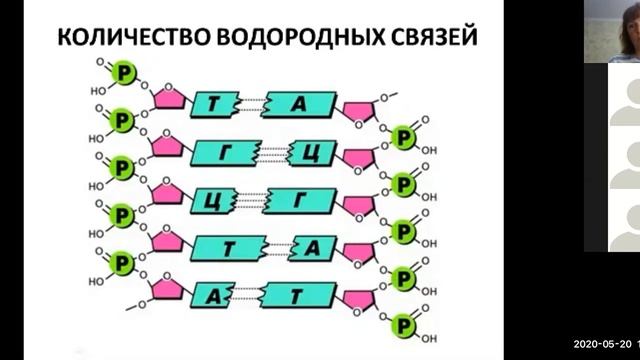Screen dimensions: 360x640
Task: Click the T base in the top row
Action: tap(226, 102)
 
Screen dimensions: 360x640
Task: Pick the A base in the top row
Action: tap(302, 102)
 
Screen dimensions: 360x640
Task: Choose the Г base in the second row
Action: tap(228, 150)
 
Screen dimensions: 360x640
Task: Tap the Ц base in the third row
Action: tap(213, 197)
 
